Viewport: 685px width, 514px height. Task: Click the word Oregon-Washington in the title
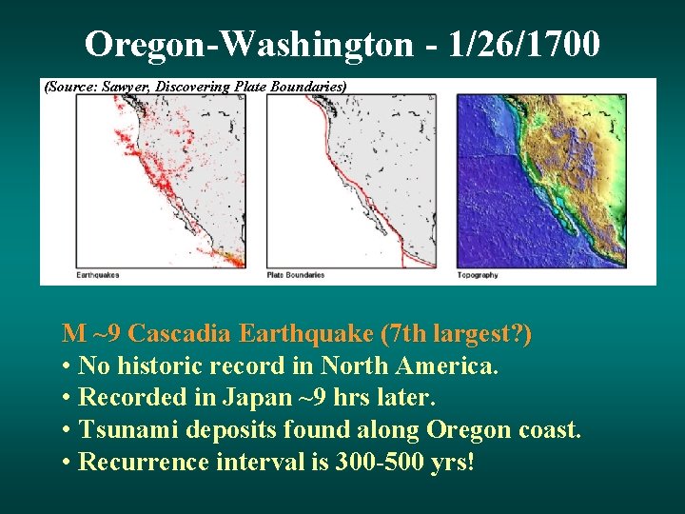tap(249, 44)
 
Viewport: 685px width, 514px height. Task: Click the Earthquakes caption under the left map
tap(98, 275)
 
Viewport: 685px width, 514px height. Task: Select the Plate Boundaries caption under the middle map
tap(296, 275)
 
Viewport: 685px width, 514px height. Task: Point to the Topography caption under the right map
tap(478, 275)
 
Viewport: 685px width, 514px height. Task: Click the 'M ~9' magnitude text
tap(91, 334)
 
